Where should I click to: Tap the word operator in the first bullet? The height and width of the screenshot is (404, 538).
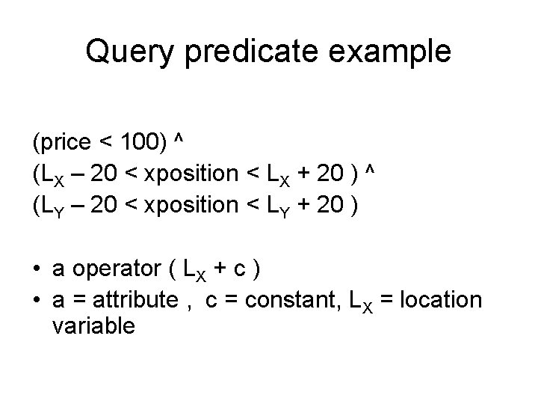click(x=120, y=269)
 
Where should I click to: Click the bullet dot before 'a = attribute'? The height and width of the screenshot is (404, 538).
click(x=37, y=300)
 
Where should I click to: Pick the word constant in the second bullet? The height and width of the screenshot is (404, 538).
click(x=287, y=300)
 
